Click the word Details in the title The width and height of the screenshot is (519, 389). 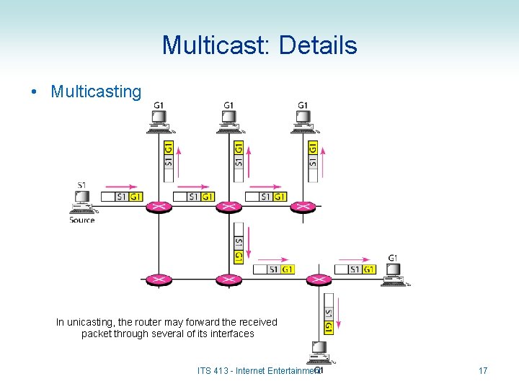[x=318, y=45]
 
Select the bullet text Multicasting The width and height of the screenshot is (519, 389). [x=96, y=91]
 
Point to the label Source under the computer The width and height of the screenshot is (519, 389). [x=82, y=220]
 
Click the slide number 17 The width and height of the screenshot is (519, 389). [x=483, y=371]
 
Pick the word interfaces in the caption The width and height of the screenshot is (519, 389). [x=230, y=334]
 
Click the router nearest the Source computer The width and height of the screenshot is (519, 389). [x=159, y=207]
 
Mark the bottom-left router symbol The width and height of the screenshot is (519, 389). [x=159, y=280]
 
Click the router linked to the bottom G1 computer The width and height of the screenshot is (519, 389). [x=318, y=280]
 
